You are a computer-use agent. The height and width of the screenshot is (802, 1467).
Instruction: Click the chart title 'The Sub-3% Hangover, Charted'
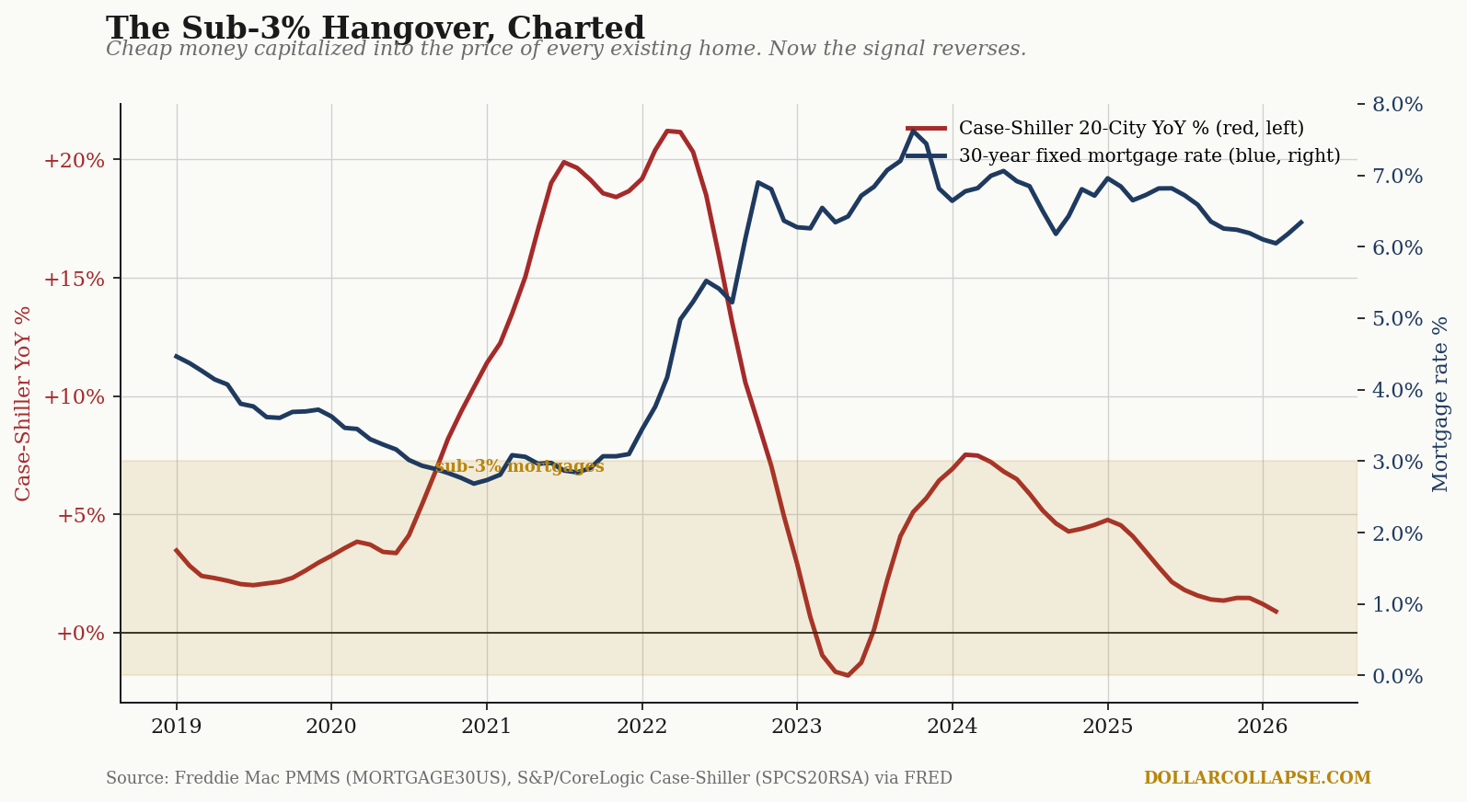point(375,29)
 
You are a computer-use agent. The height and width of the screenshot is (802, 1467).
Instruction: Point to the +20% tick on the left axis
point(74,160)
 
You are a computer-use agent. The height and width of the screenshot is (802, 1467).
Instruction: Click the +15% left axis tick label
point(74,279)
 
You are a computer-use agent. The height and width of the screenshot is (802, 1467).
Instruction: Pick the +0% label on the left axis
point(81,634)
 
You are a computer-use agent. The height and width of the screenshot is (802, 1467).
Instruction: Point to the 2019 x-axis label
point(176,726)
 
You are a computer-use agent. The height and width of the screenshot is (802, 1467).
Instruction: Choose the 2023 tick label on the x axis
point(797,726)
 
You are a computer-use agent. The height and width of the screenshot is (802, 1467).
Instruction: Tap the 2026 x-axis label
point(1262,726)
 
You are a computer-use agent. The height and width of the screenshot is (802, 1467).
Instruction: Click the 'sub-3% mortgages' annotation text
point(519,466)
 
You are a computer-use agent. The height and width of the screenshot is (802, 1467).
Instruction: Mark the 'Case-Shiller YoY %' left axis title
point(23,404)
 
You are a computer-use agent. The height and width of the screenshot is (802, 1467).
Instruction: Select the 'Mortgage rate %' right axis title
point(1440,404)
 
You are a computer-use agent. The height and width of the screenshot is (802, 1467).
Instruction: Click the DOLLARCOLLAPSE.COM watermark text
point(1257,778)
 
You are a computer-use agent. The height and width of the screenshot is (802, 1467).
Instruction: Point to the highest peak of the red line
point(667,131)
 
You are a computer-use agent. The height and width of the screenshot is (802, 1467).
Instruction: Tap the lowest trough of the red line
point(849,675)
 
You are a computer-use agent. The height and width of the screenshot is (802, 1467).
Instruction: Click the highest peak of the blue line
point(914,131)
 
